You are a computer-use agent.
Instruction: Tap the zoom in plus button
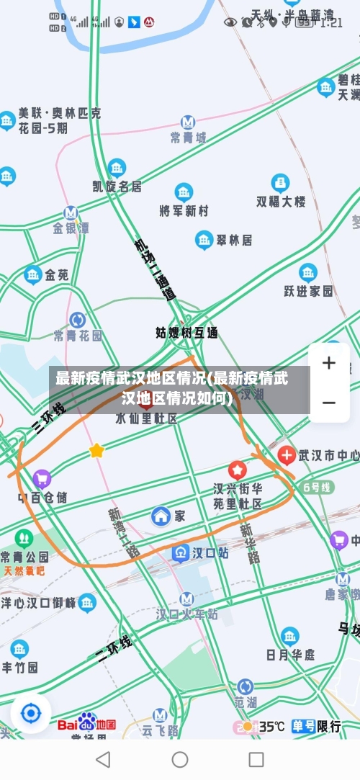tap(329, 363)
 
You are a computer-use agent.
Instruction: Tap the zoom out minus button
tap(329, 402)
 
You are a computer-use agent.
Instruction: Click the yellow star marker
tap(96, 451)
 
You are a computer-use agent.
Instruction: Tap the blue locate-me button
tap(31, 714)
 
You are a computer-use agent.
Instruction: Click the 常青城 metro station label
tap(188, 137)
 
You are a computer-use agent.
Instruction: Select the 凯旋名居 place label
tap(117, 186)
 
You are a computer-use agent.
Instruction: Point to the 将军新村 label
tap(184, 210)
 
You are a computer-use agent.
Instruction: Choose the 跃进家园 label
tap(308, 290)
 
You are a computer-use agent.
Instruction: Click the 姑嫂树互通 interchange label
tap(186, 333)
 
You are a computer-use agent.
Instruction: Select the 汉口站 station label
tap(201, 553)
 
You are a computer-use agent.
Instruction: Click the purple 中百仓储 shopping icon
tap(42, 478)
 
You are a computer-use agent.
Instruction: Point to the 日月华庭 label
tap(290, 654)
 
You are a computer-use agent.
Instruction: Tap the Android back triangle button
tap(103, 759)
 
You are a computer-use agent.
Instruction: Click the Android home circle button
tap(180, 759)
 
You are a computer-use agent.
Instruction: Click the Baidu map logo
tap(86, 723)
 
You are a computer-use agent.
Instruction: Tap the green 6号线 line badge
tap(318, 487)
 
